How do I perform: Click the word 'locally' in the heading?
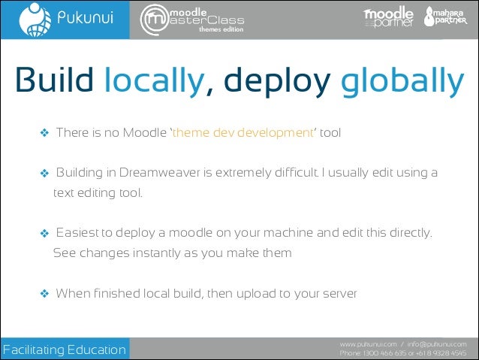pyautogui.click(x=153, y=82)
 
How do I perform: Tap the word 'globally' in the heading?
pyautogui.click(x=402, y=82)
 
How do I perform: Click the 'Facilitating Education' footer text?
pyautogui.click(x=65, y=349)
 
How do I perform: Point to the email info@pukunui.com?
pyautogui.click(x=437, y=343)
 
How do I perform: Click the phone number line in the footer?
pyautogui.click(x=403, y=352)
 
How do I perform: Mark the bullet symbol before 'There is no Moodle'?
pyautogui.click(x=44, y=134)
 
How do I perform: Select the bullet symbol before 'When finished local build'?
pyautogui.click(x=44, y=293)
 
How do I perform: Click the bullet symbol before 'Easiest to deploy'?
pyautogui.click(x=44, y=233)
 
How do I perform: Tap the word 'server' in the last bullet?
pyautogui.click(x=340, y=292)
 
